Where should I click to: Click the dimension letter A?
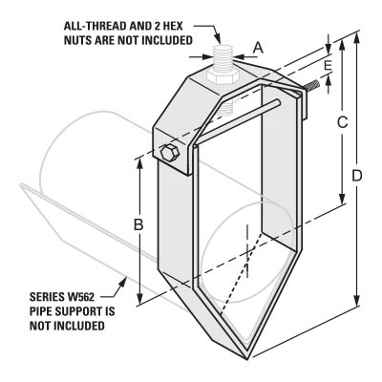click(259, 48)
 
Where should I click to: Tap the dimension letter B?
click(138, 224)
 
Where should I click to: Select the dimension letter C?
click(342, 122)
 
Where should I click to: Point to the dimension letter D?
click(357, 176)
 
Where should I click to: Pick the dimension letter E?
click(328, 65)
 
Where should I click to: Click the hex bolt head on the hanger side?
click(170, 154)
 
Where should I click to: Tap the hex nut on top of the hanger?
click(223, 76)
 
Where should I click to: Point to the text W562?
click(80, 297)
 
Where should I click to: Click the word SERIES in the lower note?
click(47, 297)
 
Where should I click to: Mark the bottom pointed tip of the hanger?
click(247, 359)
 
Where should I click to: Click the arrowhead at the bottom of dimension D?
click(357, 299)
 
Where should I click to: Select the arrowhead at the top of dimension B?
click(139, 164)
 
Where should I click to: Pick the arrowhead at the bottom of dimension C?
click(342, 199)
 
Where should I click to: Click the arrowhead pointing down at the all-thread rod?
click(218, 39)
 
